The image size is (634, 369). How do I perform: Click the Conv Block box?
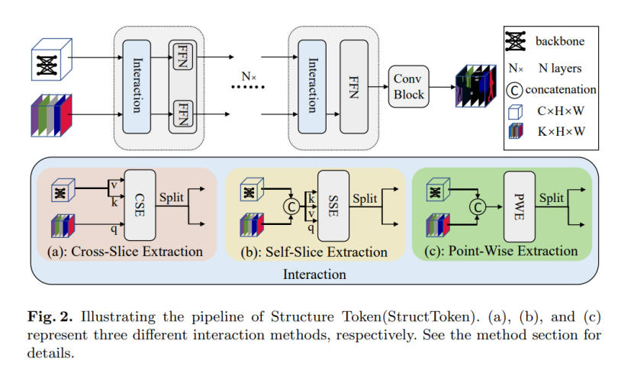click(x=410, y=86)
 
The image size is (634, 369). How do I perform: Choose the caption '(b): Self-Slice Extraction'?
click(x=314, y=251)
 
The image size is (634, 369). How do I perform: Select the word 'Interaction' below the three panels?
click(x=314, y=273)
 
